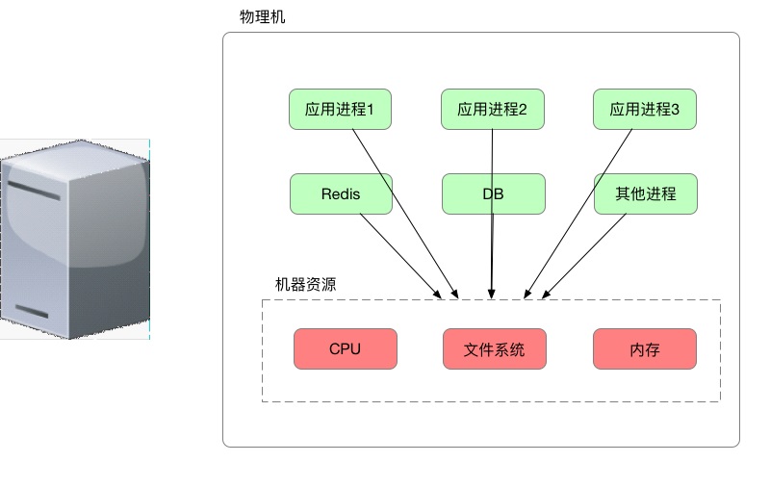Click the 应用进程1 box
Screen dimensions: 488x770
click(x=340, y=110)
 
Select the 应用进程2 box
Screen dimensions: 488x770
click(x=493, y=110)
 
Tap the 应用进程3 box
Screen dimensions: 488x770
click(x=645, y=110)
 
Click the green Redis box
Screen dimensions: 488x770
click(x=340, y=193)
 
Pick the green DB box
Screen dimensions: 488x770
click(x=493, y=193)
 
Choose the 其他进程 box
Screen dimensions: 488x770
click(x=645, y=193)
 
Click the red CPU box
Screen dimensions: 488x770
click(x=345, y=348)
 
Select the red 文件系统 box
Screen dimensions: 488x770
click(x=494, y=348)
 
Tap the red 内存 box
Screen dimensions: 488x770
click(x=645, y=348)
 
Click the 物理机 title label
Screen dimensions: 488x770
click(x=262, y=17)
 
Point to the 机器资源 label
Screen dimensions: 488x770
click(x=305, y=285)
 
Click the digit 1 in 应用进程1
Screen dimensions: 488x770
click(x=371, y=110)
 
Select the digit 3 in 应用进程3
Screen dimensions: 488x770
click(x=675, y=110)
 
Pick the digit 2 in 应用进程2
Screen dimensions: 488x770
click(x=523, y=110)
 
